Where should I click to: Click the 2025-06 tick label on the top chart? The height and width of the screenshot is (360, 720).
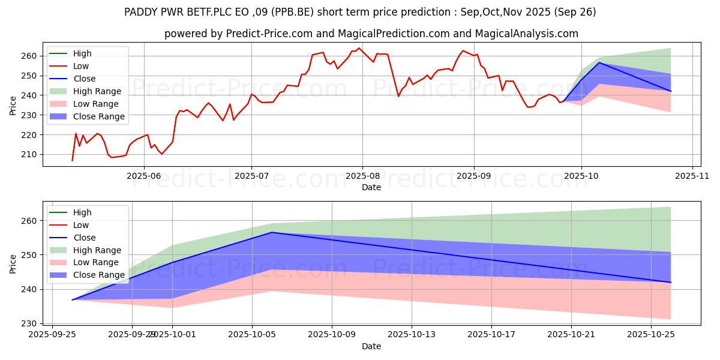click(x=143, y=177)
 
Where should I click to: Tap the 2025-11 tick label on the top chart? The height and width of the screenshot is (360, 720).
click(x=692, y=177)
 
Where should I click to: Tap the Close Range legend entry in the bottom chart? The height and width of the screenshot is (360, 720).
click(x=98, y=275)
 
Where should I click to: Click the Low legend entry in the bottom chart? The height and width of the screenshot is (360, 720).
click(x=80, y=225)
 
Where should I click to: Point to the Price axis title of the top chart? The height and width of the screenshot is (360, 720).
click(x=13, y=105)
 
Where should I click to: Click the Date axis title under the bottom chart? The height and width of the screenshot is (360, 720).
click(x=371, y=346)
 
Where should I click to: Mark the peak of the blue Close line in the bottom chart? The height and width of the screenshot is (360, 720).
click(x=272, y=232)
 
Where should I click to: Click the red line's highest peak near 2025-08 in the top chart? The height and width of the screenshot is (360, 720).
click(x=359, y=48)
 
